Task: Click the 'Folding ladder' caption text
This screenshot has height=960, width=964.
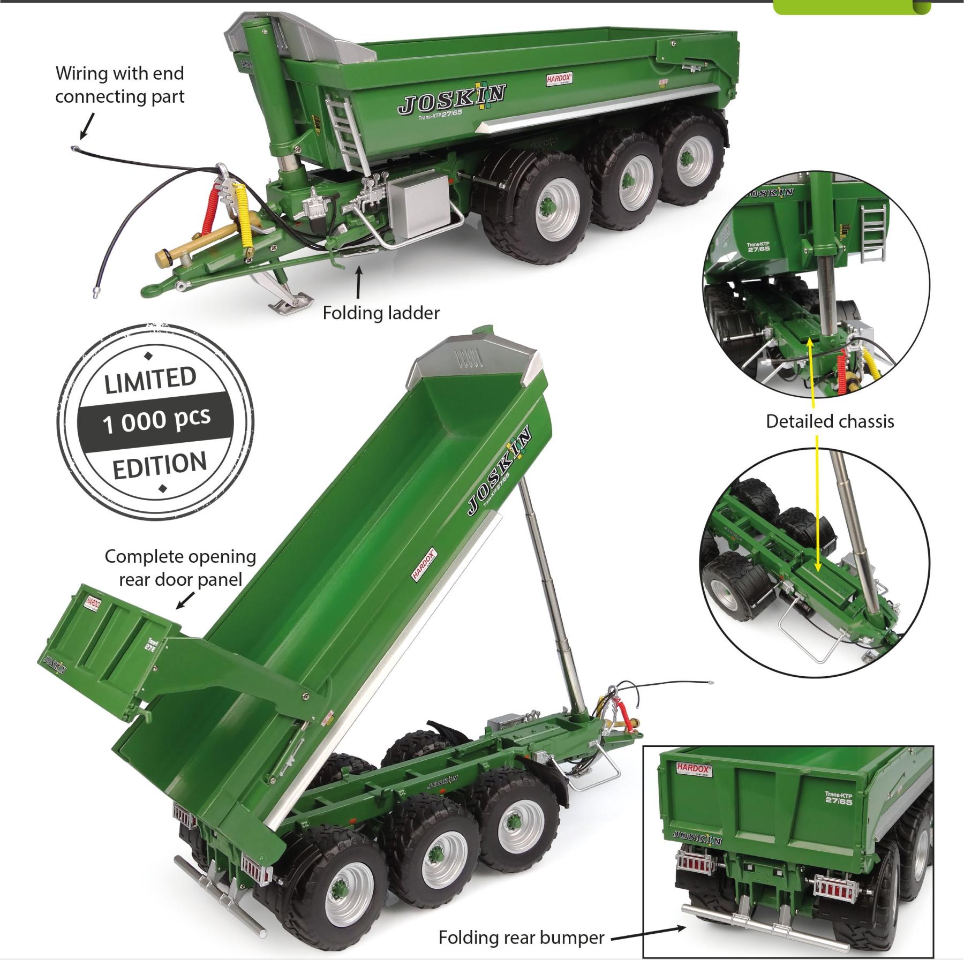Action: (381, 313)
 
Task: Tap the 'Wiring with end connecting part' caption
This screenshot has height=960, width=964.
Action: (120, 85)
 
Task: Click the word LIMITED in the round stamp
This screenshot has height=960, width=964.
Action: (150, 379)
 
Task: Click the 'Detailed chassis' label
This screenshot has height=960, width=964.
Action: (830, 421)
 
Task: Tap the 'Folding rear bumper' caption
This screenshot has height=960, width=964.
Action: (521, 938)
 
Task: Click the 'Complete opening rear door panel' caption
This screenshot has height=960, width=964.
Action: (180, 568)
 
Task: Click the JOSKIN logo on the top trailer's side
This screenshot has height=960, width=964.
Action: (451, 101)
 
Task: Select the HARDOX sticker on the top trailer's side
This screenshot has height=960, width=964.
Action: (560, 79)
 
